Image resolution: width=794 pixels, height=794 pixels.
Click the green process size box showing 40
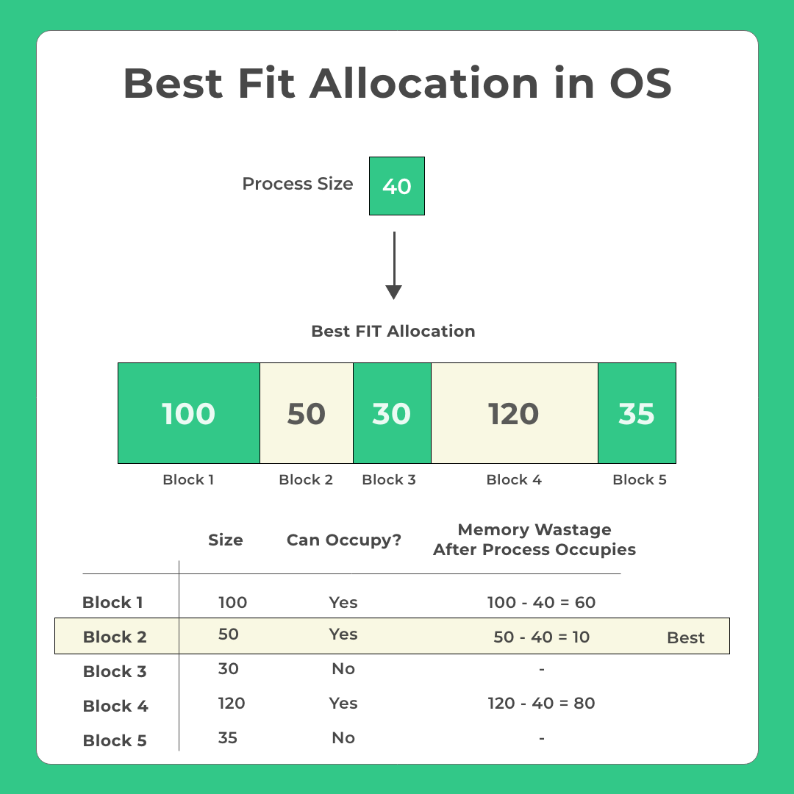[x=396, y=186]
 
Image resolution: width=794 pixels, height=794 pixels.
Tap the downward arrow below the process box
[x=393, y=265]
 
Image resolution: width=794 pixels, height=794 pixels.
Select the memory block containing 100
[x=189, y=413]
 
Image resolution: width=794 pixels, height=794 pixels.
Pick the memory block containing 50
[x=307, y=413]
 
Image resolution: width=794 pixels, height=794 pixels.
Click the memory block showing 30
[x=392, y=413]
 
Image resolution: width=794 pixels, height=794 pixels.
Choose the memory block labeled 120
[x=515, y=413]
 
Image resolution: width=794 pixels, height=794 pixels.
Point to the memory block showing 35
[x=637, y=413]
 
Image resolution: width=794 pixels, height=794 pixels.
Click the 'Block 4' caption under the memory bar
[x=514, y=479]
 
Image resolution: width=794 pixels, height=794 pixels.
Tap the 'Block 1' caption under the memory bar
[x=188, y=479]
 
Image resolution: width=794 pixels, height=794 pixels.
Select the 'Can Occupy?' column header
[x=344, y=540]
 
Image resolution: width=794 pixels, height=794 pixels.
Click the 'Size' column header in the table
[x=226, y=540]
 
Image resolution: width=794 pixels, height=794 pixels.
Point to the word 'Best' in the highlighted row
[x=686, y=637]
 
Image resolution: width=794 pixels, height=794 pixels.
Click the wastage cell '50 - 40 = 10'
[x=541, y=637]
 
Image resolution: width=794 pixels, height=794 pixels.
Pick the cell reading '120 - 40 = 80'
[x=541, y=703]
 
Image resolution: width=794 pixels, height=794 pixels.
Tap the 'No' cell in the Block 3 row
[x=343, y=668]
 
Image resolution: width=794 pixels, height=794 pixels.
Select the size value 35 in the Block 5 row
[x=227, y=738]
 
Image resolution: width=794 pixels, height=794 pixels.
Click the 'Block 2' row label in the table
[x=115, y=637]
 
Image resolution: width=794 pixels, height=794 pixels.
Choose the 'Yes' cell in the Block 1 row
[x=343, y=602]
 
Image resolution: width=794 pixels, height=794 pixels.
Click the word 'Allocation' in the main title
[x=424, y=82]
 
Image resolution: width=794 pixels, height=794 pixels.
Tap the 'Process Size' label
[x=297, y=183]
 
